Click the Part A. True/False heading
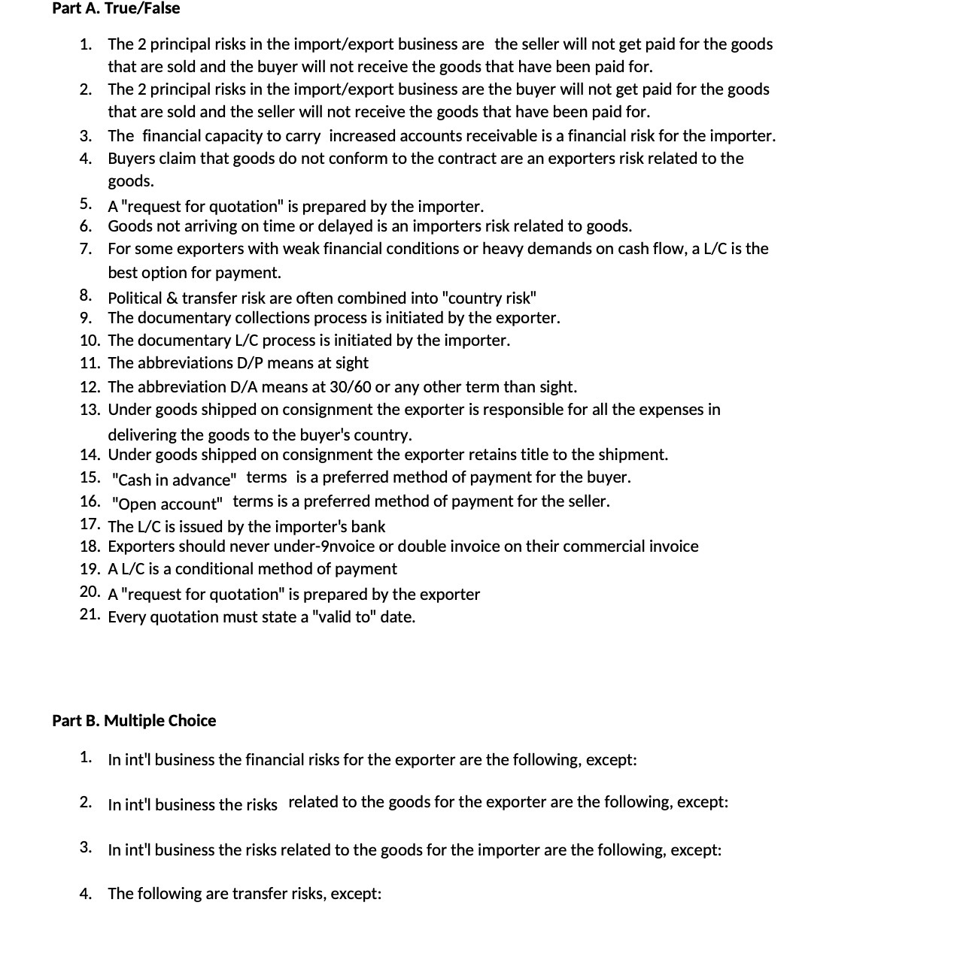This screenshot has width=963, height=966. pyautogui.click(x=116, y=9)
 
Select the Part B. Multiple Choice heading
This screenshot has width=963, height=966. pyautogui.click(x=134, y=720)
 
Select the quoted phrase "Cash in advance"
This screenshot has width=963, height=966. pyautogui.click(x=175, y=480)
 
